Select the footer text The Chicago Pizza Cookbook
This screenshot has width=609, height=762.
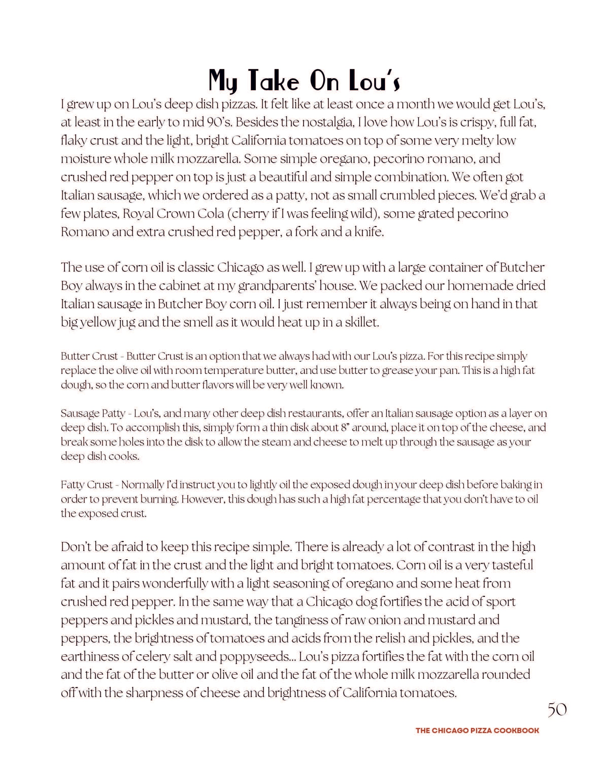pos(477,730)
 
